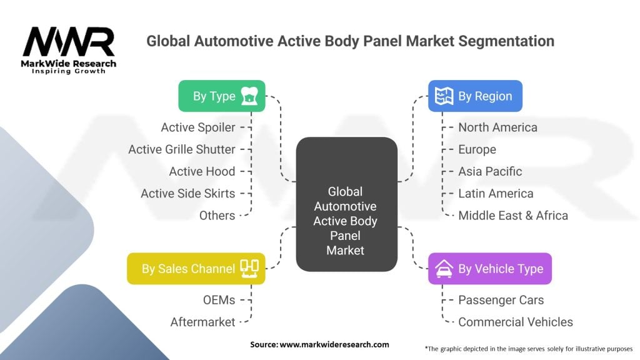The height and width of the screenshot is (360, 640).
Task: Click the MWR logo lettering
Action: click(x=69, y=42)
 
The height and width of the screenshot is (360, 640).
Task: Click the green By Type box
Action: click(x=222, y=96)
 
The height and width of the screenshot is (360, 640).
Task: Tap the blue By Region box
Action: click(x=475, y=96)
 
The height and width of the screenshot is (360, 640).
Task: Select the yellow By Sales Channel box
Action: click(x=196, y=269)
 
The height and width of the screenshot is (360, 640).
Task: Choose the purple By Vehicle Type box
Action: click(x=490, y=269)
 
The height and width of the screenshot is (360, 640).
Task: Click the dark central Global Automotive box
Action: click(x=346, y=205)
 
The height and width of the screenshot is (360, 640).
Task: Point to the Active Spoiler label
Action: click(x=198, y=127)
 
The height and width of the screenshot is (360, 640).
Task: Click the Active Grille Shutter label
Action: click(x=182, y=149)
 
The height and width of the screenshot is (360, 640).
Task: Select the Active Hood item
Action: click(x=202, y=171)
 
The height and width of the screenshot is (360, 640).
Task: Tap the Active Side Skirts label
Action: click(x=188, y=193)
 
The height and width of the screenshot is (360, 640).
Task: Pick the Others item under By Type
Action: click(x=217, y=216)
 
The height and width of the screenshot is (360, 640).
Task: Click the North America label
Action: click(x=497, y=127)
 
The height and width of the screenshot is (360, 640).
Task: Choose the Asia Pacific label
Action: click(x=490, y=171)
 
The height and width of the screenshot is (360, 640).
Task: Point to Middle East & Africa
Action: click(x=513, y=216)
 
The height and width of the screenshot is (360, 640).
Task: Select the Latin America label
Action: click(x=496, y=193)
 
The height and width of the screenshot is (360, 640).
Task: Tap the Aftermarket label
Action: click(x=203, y=322)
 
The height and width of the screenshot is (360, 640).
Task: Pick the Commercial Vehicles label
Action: click(x=516, y=322)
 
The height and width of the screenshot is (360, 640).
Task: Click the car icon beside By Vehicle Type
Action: click(x=443, y=269)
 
